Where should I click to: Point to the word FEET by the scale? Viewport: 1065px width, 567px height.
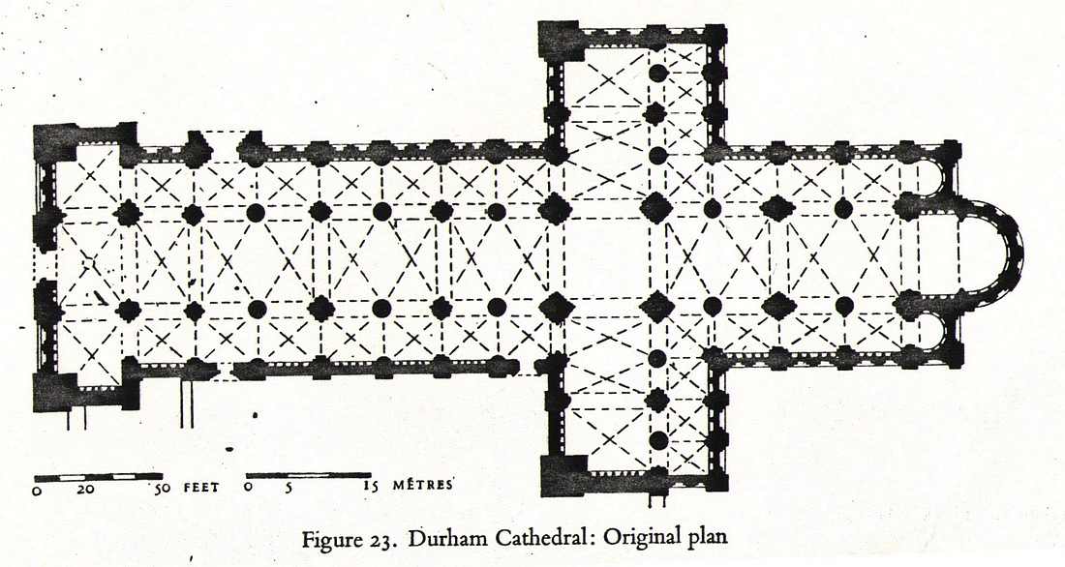198,489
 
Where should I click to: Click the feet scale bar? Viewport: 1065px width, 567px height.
97,477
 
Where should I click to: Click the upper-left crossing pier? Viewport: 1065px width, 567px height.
556,208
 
